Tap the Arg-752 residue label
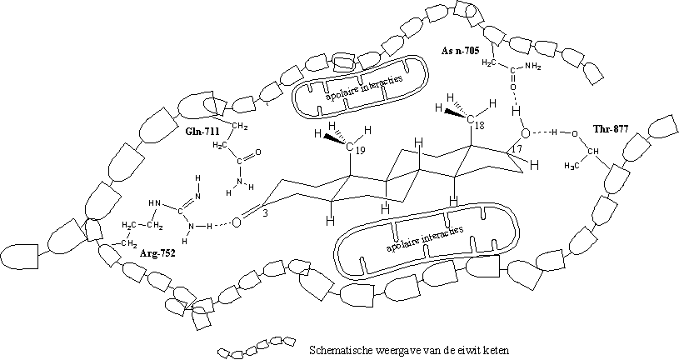[x=157, y=253]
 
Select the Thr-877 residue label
[x=610, y=128]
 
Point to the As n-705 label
[x=461, y=51]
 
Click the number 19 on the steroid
[x=360, y=150]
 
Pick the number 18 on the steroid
[x=479, y=126]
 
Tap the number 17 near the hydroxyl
[x=518, y=149]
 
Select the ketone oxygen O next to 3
[x=236, y=222]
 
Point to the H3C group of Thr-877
[x=572, y=166]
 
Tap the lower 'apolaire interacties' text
[x=424, y=239]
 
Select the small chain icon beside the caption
[x=257, y=347]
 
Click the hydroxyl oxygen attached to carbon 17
[x=525, y=133]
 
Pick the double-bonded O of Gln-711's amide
[x=258, y=152]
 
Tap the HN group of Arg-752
[x=155, y=202]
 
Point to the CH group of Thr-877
[x=592, y=152]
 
